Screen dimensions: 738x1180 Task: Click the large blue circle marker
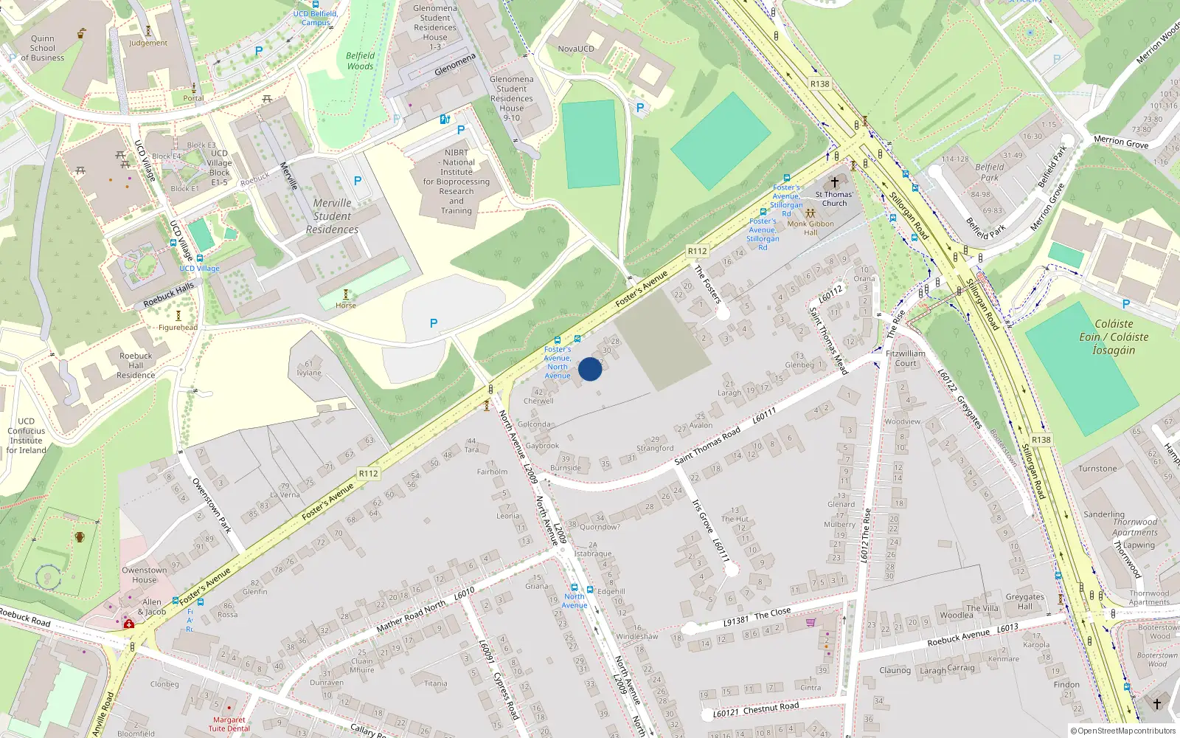(x=590, y=369)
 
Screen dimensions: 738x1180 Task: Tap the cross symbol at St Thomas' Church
(x=835, y=182)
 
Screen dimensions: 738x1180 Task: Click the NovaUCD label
(x=575, y=49)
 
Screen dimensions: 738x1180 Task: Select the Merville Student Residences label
(x=332, y=216)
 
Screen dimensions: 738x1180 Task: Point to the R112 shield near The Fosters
(x=697, y=251)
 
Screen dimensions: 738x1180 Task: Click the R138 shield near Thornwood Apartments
(x=1041, y=440)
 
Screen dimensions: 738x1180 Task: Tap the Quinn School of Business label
(x=42, y=48)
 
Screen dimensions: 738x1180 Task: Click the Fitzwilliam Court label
(x=905, y=358)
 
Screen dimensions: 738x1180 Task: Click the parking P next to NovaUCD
(x=639, y=108)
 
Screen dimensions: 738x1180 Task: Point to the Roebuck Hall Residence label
(x=136, y=365)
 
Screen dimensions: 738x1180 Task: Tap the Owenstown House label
(x=144, y=574)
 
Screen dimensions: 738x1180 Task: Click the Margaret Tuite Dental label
(x=229, y=724)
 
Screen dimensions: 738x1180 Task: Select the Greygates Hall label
(x=1024, y=601)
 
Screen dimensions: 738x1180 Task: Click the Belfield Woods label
(x=360, y=61)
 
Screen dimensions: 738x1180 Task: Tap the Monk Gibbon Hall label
(x=811, y=228)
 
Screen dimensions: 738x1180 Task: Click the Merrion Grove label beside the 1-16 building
(x=1120, y=142)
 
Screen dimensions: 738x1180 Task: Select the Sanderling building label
(x=1103, y=514)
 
